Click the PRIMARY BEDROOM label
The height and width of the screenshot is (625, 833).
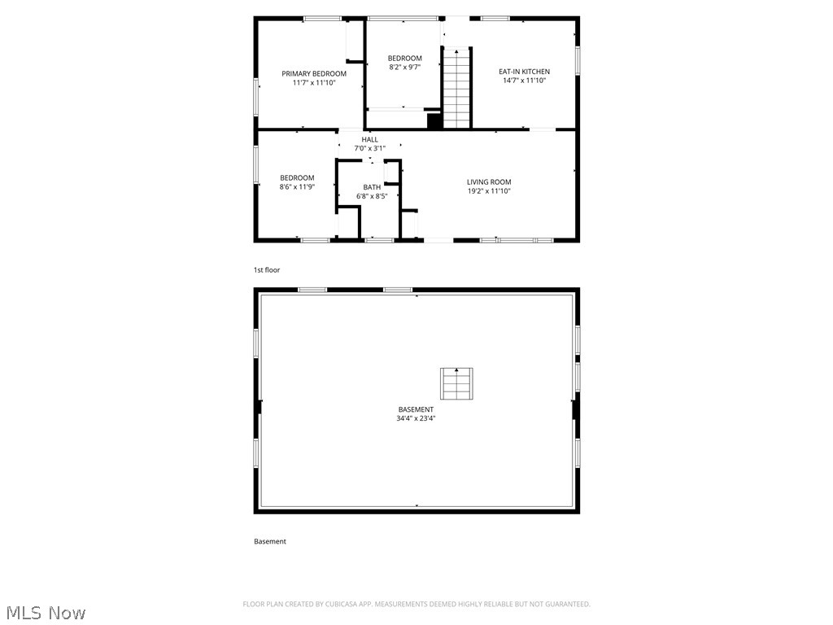[314, 74]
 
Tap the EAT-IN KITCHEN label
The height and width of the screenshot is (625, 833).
[524, 72]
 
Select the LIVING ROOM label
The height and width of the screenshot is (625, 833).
[489, 182]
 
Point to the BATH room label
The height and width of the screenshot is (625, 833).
[372, 187]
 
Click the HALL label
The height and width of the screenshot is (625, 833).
[369, 140]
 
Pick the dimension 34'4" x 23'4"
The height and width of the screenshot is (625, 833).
[416, 418]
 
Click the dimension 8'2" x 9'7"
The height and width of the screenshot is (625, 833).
[404, 68]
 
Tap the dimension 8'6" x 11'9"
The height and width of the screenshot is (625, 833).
[297, 187]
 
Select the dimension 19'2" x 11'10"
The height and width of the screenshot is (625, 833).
[489, 191]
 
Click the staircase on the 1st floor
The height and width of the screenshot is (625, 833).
[457, 89]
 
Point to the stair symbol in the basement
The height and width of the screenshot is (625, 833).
[456, 383]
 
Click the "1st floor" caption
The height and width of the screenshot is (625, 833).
[267, 270]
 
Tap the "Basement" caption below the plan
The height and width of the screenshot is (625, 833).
[270, 541]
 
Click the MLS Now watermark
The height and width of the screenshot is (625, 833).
[45, 612]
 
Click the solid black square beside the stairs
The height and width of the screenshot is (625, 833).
[435, 121]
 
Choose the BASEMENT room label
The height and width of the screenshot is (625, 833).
[416, 409]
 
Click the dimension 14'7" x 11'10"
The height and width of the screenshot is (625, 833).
[524, 81]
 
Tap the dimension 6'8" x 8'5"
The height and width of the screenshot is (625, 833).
[372, 196]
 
